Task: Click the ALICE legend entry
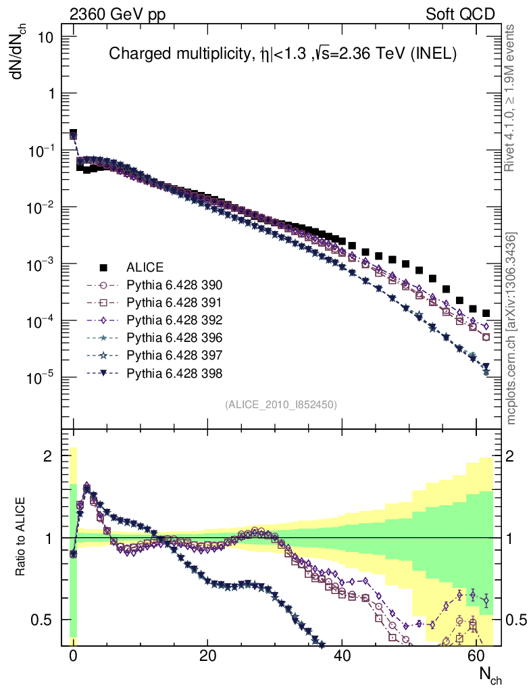pos(145,267)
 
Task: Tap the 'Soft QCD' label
pos(460,14)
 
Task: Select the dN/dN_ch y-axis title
pos(18,53)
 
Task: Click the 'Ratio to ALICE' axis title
pos(20,537)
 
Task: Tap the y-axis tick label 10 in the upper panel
pos(46,37)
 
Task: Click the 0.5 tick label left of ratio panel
pos(43,620)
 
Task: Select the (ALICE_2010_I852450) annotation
pos(280,404)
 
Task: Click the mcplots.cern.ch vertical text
pos(511,328)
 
